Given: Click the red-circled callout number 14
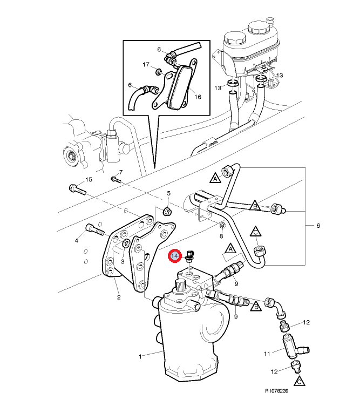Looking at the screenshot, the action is (x=174, y=256).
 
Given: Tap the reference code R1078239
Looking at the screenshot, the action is (x=277, y=391).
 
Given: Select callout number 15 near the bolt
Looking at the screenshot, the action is (x=89, y=179).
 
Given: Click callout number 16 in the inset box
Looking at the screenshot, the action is (x=198, y=97).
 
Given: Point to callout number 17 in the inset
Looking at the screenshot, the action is (x=146, y=65).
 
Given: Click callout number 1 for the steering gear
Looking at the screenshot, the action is (x=140, y=356).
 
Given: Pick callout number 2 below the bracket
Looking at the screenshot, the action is (x=119, y=297).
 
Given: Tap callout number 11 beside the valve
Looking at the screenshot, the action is (x=267, y=354).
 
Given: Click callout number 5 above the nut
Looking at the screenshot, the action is (x=168, y=193).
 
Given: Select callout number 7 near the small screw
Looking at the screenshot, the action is (x=121, y=172).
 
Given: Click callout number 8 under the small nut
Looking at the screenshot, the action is (x=221, y=236).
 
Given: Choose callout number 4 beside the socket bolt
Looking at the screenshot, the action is (x=77, y=241).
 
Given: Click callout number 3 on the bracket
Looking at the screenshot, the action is (x=123, y=261).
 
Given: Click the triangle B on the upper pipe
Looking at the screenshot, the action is (x=255, y=206).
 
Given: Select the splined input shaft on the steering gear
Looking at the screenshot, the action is (x=180, y=285).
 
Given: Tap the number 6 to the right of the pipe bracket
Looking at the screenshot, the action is (x=318, y=226).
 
